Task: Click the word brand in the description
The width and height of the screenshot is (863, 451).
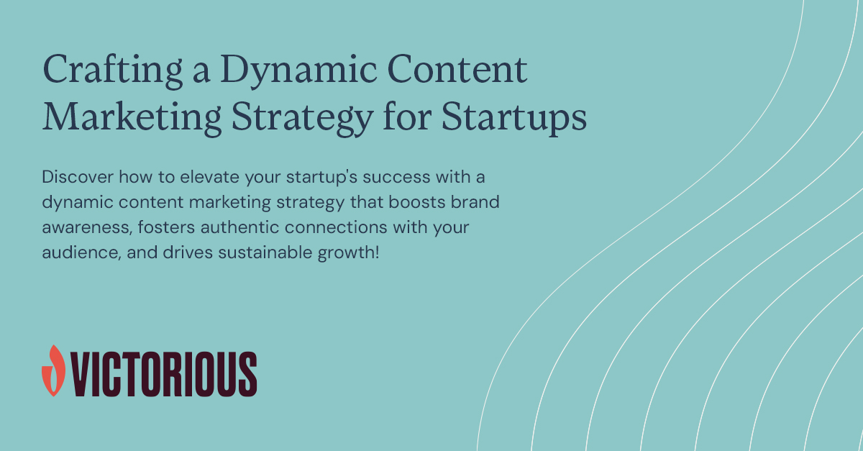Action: [475, 203]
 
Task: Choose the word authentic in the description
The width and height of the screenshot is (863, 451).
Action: [229, 229]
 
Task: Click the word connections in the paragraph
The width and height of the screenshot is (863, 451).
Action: [327, 229]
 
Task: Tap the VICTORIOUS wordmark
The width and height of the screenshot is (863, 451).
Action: [163, 373]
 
